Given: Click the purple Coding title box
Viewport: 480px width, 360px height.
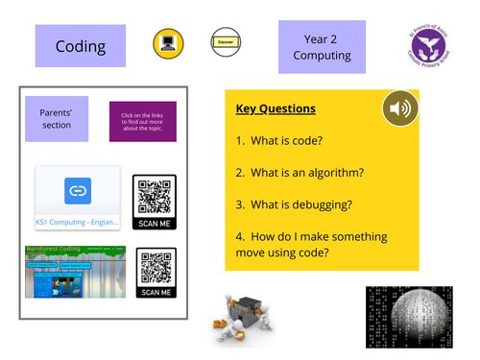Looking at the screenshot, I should pyautogui.click(x=80, y=46).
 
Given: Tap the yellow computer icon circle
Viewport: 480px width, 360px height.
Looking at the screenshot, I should pyautogui.click(x=168, y=44).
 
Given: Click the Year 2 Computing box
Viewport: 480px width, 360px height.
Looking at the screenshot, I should pyautogui.click(x=322, y=47).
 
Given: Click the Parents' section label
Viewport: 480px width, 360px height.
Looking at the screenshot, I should pyautogui.click(x=57, y=119).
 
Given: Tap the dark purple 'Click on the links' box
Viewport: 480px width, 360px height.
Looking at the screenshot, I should pyautogui.click(x=142, y=122).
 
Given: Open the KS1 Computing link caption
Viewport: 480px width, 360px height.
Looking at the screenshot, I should pyautogui.click(x=78, y=222).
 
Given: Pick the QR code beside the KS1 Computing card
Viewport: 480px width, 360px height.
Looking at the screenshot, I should pyautogui.click(x=155, y=200).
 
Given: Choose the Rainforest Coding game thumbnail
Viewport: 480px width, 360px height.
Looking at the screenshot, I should pyautogui.click(x=76, y=272).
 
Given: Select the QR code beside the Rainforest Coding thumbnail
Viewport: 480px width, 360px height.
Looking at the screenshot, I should pyautogui.click(x=156, y=273).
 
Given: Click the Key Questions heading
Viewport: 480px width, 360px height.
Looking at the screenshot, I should pyautogui.click(x=276, y=108).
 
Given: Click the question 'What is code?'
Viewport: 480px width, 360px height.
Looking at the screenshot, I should pyautogui.click(x=279, y=140).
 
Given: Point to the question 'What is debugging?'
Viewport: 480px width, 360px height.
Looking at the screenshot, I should pyautogui.click(x=292, y=204).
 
